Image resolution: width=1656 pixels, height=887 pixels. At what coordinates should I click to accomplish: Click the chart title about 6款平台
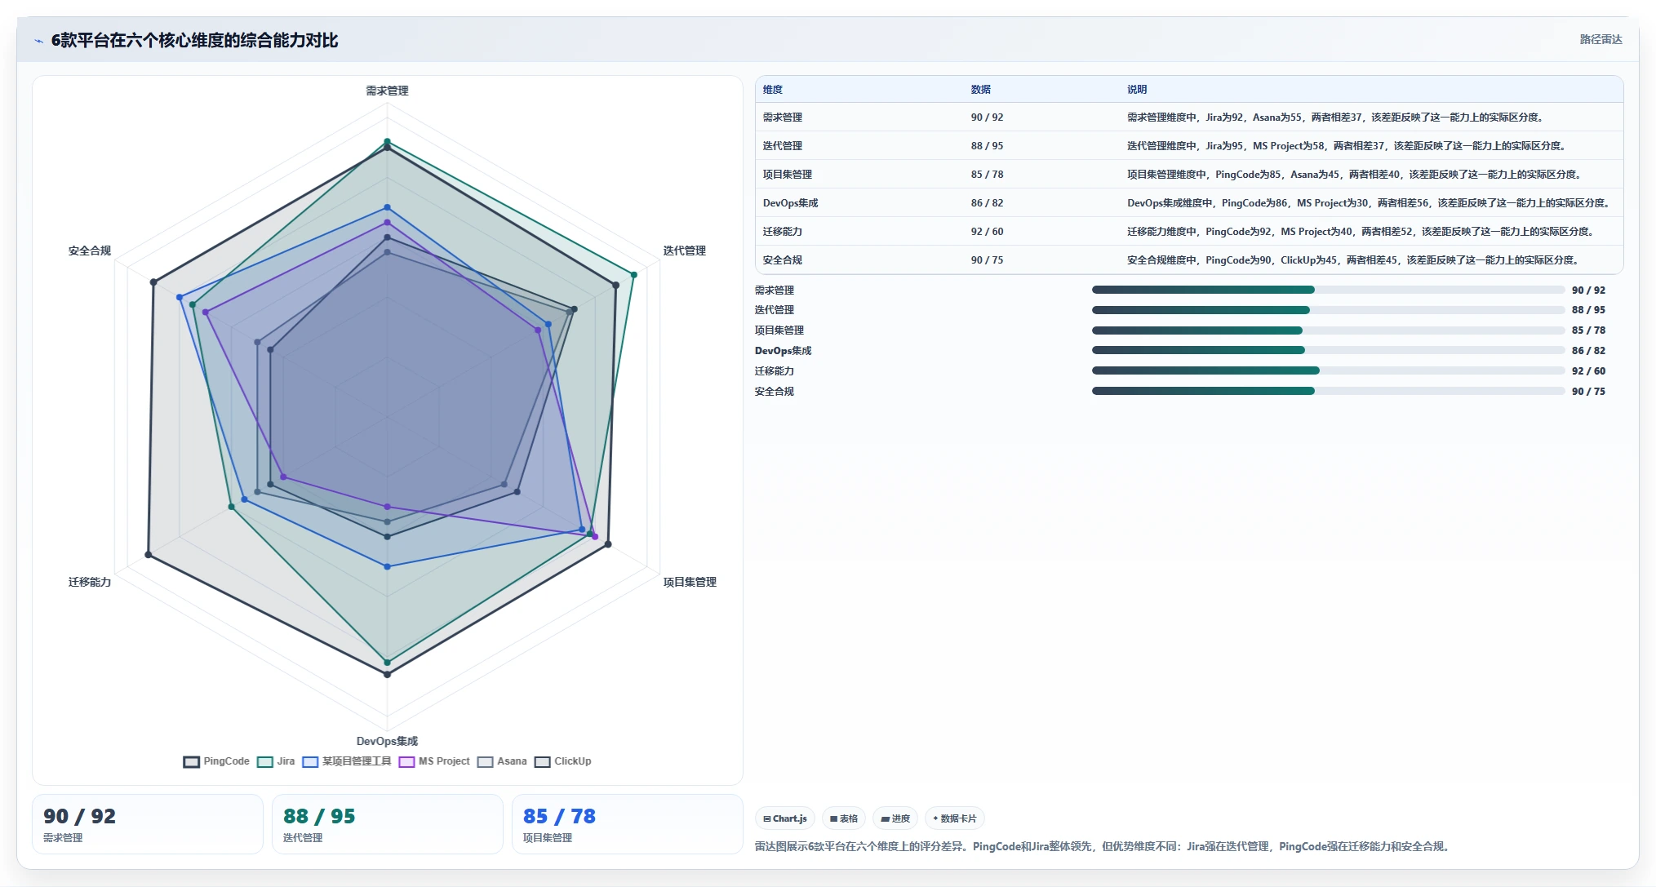[x=194, y=40]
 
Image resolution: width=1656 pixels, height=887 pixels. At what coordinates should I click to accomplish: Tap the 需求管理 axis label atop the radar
[x=387, y=91]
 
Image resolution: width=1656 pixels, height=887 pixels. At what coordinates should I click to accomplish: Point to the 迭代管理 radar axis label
[x=684, y=251]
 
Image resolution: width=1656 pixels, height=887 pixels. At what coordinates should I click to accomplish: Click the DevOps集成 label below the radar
[x=387, y=741]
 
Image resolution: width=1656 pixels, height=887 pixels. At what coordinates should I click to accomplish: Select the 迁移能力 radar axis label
[x=90, y=582]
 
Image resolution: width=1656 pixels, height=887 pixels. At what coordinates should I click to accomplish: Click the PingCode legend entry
[x=216, y=761]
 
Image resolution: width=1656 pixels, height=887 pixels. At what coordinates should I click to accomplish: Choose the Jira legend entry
[x=276, y=761]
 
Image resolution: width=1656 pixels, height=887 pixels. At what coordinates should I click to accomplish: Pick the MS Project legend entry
[x=434, y=761]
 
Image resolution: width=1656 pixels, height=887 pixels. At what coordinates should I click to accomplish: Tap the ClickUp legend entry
[x=563, y=761]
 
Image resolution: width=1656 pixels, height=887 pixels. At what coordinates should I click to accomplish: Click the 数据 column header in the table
[x=980, y=90]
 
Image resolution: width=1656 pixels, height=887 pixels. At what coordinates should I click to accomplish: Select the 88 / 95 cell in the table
[x=987, y=146]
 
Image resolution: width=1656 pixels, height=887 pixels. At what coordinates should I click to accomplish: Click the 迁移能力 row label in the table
[x=782, y=232]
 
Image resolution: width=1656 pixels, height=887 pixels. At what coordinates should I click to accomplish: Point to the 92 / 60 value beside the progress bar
[x=1588, y=371]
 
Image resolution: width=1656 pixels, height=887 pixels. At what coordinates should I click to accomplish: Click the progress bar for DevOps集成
[x=1328, y=351]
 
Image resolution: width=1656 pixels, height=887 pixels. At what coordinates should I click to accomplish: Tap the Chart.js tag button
[x=785, y=818]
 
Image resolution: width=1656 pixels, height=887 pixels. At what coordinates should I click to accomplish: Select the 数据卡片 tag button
[x=954, y=818]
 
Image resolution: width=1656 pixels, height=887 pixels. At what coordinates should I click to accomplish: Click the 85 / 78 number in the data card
[x=559, y=816]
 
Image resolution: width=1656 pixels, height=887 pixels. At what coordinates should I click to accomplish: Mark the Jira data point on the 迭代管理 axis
[x=633, y=274]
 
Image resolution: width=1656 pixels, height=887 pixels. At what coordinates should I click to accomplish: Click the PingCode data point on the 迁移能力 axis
[x=149, y=555]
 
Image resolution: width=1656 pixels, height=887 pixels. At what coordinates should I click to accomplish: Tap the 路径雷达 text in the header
[x=1601, y=39]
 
